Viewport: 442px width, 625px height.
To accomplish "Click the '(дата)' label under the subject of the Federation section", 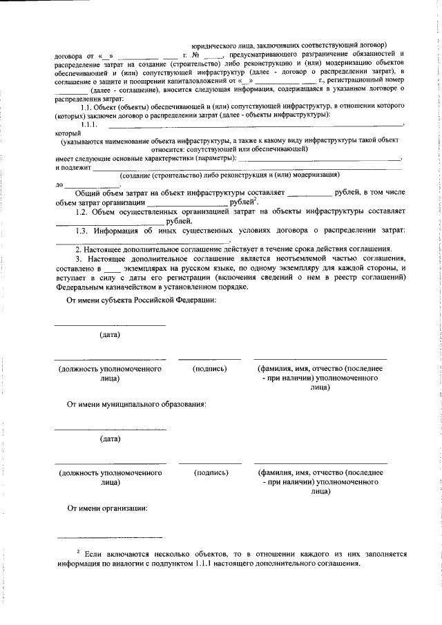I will tap(110, 335).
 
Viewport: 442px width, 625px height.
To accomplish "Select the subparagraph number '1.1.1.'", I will tap(90, 124).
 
